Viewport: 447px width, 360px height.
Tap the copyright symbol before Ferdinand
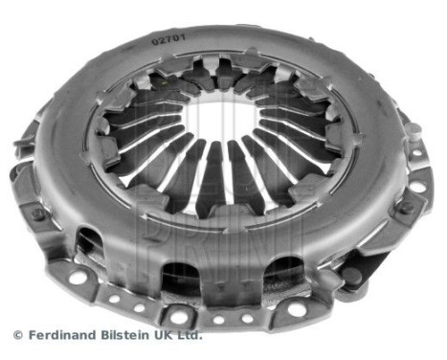click(x=17, y=335)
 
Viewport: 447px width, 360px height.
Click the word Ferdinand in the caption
click(x=58, y=335)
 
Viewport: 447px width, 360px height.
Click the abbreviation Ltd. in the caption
click(x=189, y=335)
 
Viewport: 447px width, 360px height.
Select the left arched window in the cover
click(x=91, y=244)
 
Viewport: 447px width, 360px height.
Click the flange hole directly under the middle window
click(x=178, y=315)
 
